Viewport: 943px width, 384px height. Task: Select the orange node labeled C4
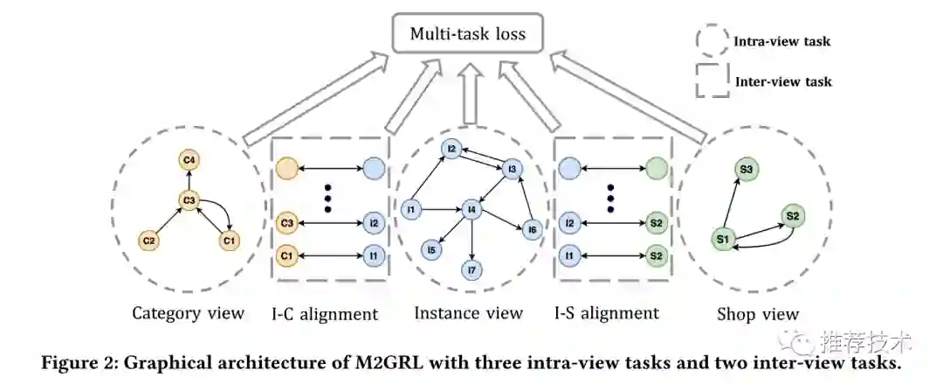(x=191, y=160)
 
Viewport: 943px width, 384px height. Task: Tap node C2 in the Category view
(x=151, y=240)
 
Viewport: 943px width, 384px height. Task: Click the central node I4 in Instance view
(x=472, y=209)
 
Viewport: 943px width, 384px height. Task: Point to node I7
(x=472, y=271)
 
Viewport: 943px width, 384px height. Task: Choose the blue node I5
(x=430, y=250)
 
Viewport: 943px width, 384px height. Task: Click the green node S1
(x=722, y=238)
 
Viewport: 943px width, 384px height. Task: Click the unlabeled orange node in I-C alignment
(x=286, y=166)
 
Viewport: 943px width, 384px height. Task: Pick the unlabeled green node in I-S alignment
(x=657, y=166)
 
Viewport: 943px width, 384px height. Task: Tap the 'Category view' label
(x=188, y=313)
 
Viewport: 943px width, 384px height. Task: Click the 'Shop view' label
(x=757, y=314)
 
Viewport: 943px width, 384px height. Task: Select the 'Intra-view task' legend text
(x=781, y=41)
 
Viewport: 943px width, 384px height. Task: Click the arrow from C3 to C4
(x=191, y=180)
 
